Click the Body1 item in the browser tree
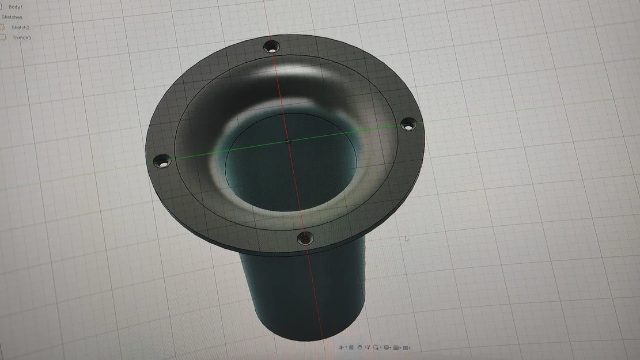coord(15,7)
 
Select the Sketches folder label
coord(12,17)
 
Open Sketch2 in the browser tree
coord(21,27)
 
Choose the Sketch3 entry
coord(22,37)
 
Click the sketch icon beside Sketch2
coord(3,27)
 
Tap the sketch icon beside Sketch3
coord(4,37)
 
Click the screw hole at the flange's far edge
coord(271,47)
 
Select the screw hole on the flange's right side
coord(407,123)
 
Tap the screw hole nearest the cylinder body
coord(305,237)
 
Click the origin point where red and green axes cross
coord(290,140)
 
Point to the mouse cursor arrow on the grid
coord(406,239)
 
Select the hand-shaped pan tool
coord(359,347)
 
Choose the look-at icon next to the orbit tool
coord(351,347)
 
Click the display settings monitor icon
coord(387,347)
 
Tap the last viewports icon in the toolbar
coord(407,347)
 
